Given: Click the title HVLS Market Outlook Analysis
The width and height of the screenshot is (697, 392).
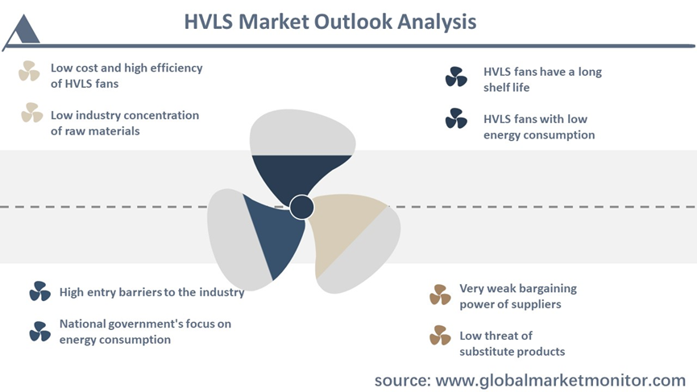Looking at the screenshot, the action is coord(330,22).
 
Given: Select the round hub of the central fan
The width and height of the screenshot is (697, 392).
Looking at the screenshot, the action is coord(301,207).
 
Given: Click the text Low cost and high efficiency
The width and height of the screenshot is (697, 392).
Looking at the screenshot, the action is coord(127,68).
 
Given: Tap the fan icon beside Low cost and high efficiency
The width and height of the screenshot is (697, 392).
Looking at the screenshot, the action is coord(29,71).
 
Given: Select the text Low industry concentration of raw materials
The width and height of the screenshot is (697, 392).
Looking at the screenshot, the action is coord(124,123).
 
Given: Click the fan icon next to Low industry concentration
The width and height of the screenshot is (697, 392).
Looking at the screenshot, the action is coord(32,113).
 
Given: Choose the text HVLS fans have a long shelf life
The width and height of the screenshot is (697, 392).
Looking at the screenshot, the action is coord(542,80).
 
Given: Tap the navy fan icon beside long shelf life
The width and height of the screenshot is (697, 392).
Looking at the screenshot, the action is coord(456,76).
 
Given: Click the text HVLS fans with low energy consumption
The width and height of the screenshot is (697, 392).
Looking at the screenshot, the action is coord(539,127).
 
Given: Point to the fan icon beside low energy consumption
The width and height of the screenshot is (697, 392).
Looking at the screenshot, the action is coord(456,118).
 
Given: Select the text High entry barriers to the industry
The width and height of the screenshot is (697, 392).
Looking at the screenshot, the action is coord(152,292).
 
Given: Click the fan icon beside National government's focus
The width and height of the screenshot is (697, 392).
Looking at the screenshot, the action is coord(40,332).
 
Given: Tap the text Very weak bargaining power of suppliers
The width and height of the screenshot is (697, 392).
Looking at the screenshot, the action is coord(518,296).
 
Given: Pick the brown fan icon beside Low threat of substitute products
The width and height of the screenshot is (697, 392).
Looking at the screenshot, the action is coord(440,335).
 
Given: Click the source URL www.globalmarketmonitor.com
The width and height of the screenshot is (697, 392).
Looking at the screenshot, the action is coord(561,381).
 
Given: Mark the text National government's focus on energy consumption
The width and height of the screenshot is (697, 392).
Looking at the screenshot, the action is coord(145,332).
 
